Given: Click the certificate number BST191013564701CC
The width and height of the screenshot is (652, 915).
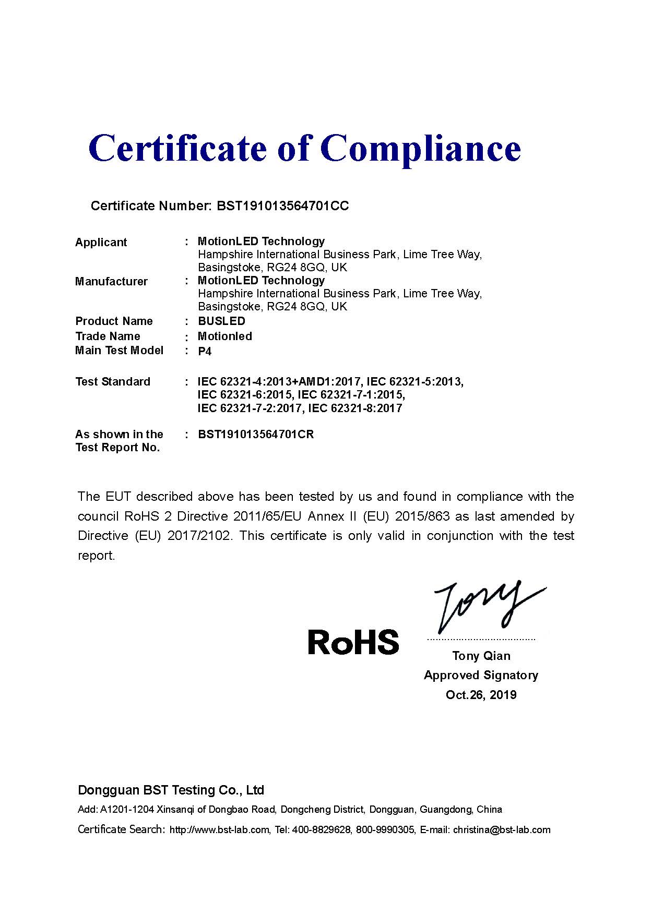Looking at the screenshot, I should [282, 206].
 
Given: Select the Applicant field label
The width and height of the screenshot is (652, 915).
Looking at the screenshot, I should [101, 243].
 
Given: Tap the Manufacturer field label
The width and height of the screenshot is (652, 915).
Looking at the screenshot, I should [111, 282].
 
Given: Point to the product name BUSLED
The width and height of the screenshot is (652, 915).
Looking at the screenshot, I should [221, 321].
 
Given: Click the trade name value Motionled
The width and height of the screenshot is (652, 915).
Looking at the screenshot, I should [224, 336].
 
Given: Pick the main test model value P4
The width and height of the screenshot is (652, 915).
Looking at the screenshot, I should [205, 351].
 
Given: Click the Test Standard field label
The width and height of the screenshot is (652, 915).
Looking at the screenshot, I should [112, 382].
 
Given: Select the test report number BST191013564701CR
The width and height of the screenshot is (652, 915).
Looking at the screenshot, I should [256, 435].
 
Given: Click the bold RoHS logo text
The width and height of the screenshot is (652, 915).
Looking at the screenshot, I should [353, 642].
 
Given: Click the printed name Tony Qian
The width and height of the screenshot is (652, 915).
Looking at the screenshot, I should [481, 656].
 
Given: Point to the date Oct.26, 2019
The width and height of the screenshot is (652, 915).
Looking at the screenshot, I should [481, 695].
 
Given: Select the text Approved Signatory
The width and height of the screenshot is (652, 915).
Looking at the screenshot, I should [481, 676].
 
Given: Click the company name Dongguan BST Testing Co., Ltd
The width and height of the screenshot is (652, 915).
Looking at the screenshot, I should [171, 790].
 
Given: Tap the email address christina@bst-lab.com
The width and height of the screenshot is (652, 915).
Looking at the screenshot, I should [501, 830].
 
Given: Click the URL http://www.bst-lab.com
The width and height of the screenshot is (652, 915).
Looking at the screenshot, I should [219, 830].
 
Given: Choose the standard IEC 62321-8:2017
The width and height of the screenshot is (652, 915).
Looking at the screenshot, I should [355, 408].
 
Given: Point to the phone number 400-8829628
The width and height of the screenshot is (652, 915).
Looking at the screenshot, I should [322, 830].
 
